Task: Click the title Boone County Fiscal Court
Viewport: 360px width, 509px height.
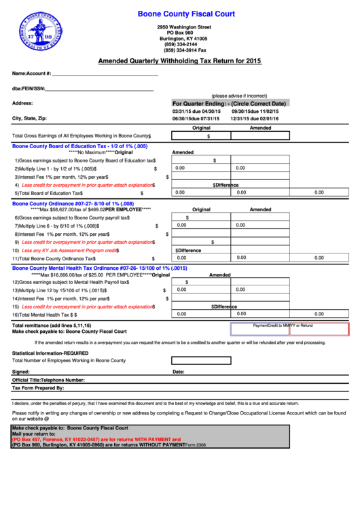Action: point(186,14)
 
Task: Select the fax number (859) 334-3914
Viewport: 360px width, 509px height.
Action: point(185,50)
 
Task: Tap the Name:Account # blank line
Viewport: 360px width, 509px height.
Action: point(105,73)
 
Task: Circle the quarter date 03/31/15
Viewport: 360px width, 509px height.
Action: point(182,111)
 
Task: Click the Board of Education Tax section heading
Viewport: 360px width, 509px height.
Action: point(79,146)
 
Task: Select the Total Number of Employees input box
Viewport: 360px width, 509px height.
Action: point(200,361)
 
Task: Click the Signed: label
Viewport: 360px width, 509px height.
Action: point(21,372)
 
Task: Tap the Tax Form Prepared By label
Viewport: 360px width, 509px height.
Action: point(38,388)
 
